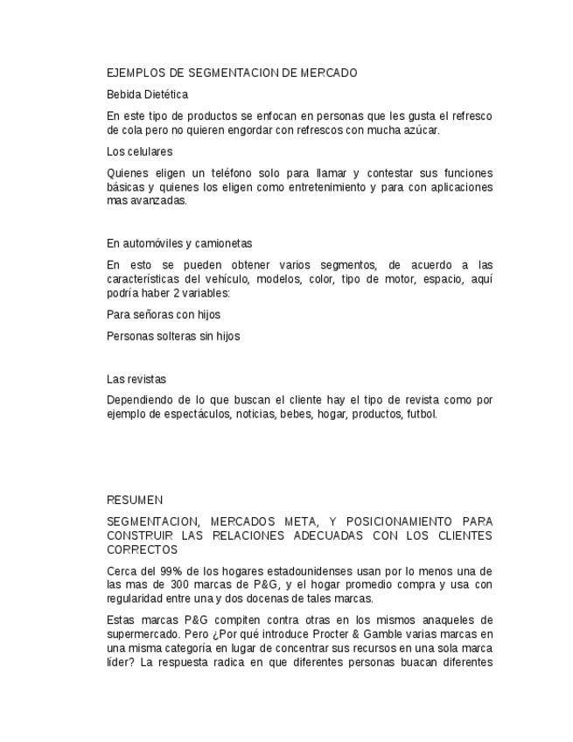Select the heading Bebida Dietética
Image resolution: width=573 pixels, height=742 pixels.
(x=147, y=94)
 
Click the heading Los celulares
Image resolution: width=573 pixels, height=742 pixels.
(x=139, y=152)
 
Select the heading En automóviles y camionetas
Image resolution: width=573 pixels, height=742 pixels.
(x=179, y=243)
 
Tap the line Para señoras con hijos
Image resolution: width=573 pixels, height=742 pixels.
(x=164, y=315)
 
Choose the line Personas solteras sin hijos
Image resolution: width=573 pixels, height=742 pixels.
(x=173, y=336)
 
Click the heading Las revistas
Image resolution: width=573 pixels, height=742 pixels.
(x=136, y=380)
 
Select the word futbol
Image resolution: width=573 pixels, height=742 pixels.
(x=421, y=415)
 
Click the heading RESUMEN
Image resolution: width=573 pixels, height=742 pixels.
(x=135, y=500)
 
